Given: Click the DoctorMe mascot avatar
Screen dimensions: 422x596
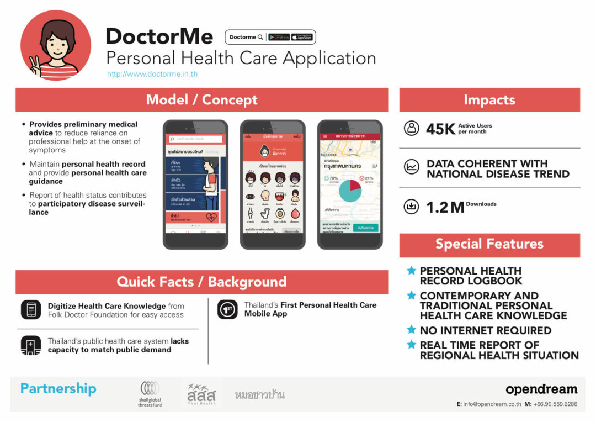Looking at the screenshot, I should click(56, 45).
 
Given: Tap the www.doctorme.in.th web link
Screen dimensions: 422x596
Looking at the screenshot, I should click(152, 74).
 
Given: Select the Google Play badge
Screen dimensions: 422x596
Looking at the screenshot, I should click(279, 37).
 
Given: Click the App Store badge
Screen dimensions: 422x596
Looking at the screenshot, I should click(302, 37).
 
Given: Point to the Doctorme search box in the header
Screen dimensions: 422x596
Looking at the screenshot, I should click(246, 37).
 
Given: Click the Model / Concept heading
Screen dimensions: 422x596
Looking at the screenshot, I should click(201, 100).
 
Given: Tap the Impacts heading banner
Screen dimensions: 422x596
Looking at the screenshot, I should click(489, 100).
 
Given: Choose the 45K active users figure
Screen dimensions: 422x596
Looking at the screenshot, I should click(440, 129).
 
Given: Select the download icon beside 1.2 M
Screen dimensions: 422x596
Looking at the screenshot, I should click(411, 207).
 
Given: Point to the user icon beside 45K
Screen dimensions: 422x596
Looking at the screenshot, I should click(411, 128).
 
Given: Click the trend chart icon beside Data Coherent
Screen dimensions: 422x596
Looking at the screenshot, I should click(411, 167).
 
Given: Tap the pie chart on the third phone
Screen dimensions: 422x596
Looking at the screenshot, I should click(349, 190).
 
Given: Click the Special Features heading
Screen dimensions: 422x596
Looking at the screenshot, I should click(489, 244).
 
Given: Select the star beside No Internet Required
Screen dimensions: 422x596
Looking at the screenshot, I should click(411, 330).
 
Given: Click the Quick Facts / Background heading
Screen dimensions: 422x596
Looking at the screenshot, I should click(201, 282).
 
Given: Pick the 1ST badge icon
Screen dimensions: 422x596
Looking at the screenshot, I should click(227, 309).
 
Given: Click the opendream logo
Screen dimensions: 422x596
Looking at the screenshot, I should click(541, 389).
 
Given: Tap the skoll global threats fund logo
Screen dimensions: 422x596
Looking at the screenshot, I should click(150, 394).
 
